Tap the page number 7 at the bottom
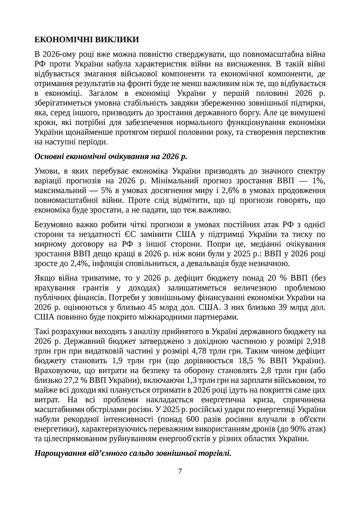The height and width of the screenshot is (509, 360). [180, 471]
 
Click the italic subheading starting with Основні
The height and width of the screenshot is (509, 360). [111, 156]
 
